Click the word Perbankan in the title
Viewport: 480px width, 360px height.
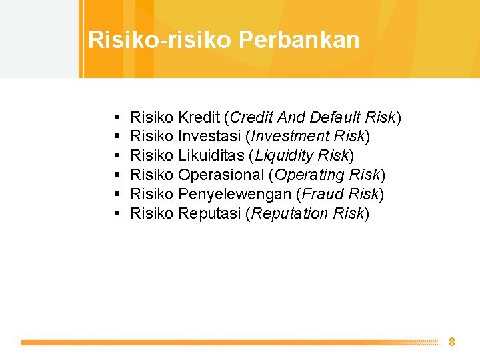pos(299,40)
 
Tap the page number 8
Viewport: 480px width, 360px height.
pos(452,341)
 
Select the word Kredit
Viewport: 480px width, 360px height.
pos(199,117)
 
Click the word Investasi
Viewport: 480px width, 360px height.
pos(209,136)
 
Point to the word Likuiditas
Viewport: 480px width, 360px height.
pos(211,155)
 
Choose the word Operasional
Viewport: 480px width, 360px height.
pos(221,175)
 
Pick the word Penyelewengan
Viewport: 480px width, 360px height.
pos(235,194)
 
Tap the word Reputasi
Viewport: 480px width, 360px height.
pos(209,213)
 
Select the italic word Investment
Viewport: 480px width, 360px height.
pos(290,136)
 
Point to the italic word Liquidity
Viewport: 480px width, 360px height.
pos(285,156)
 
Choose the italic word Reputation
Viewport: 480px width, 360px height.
pos(289,213)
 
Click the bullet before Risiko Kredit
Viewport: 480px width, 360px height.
pos(117,117)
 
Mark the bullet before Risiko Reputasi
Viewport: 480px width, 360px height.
pos(117,213)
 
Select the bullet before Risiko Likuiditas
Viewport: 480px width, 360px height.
pos(117,155)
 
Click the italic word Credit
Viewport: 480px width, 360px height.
pos(251,117)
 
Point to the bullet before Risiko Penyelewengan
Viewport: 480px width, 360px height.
pos(117,194)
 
